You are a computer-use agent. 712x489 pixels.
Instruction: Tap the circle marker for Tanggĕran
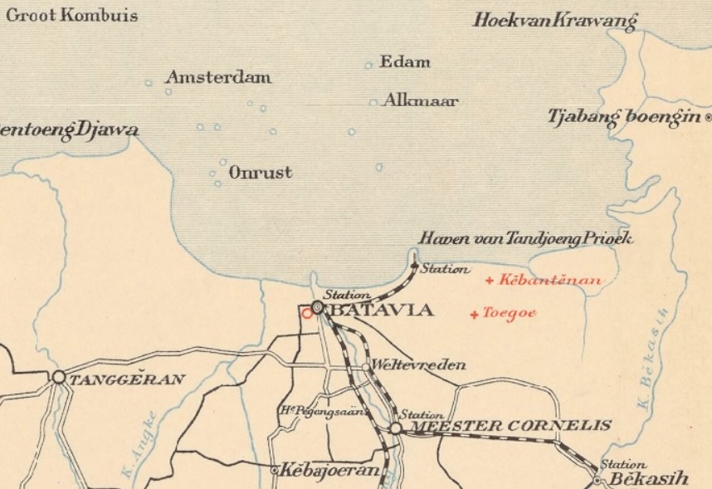coord(59,377)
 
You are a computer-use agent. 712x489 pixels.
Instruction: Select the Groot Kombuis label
coord(71,15)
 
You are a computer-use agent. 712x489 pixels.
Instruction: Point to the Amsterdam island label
coord(218,78)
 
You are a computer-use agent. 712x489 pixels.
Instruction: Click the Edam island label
coord(405,62)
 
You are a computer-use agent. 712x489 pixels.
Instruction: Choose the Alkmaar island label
coord(420,101)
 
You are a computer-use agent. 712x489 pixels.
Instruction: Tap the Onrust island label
coord(261,173)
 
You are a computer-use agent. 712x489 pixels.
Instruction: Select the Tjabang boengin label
coord(623,118)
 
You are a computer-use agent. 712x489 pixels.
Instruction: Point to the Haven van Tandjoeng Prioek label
coord(526,239)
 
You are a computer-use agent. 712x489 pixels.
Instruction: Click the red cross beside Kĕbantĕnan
coord(490,281)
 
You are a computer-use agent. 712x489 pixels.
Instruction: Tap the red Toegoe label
coord(510,313)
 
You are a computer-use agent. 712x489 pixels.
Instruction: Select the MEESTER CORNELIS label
coord(511,427)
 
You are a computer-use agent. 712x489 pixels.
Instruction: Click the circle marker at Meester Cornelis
coord(396,428)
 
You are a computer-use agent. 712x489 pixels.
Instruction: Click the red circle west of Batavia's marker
coord(307,313)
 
